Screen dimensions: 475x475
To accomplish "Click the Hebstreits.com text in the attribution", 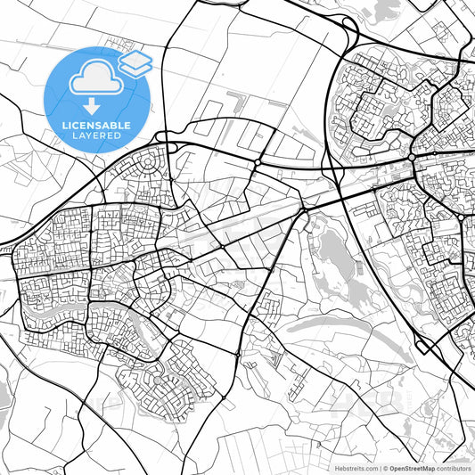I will tap(355, 468).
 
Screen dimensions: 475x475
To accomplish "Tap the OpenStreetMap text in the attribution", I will tap(411, 468).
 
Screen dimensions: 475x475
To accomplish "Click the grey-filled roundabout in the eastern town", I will tap(413, 158).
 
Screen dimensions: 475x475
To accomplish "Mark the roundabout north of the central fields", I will tap(257, 164).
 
